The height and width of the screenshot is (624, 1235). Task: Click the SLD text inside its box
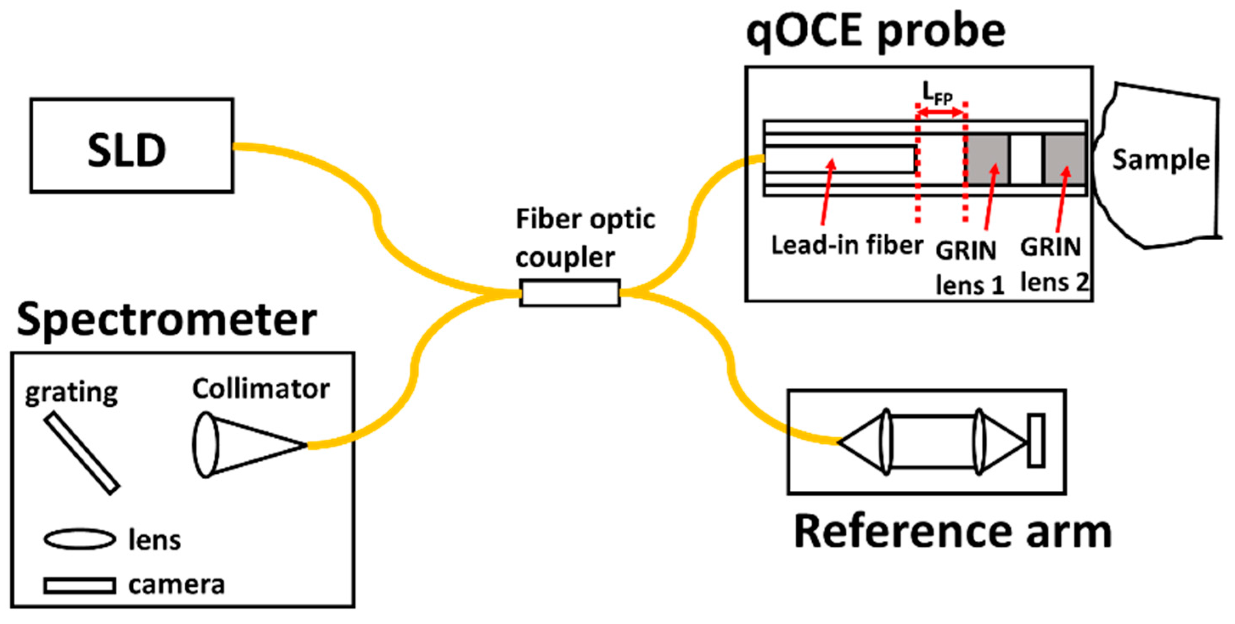tap(126, 151)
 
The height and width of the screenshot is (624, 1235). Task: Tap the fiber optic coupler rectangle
tap(570, 292)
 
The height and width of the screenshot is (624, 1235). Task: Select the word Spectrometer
tap(166, 320)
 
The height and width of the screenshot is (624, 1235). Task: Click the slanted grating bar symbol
tap(81, 453)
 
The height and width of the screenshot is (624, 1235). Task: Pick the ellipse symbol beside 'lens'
tap(80, 539)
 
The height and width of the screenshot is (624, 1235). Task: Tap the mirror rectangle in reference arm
tap(1036, 440)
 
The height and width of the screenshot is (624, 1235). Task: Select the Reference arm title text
tap(953, 531)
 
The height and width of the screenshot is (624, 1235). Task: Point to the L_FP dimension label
tap(937, 93)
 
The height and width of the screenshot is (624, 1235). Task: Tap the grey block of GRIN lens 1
tap(988, 159)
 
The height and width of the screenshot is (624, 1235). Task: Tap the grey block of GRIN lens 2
tap(1064, 159)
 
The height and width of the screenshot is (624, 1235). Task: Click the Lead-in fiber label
tap(847, 245)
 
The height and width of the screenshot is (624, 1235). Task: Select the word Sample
tap(1161, 160)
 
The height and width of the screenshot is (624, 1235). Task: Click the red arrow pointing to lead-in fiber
tap(828, 192)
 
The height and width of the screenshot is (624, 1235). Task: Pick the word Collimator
tap(261, 388)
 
